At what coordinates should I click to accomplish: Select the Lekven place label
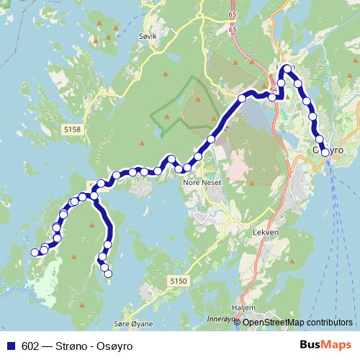(x=264, y=233)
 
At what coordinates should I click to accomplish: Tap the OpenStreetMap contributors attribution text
(x=297, y=323)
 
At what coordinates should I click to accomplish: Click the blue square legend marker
(x=11, y=346)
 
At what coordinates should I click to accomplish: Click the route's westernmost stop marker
(x=34, y=252)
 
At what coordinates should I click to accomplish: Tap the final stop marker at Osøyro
(x=325, y=153)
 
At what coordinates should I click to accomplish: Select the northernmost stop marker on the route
(x=287, y=69)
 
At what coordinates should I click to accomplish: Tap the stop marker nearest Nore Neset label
(x=187, y=168)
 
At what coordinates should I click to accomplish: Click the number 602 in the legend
(x=30, y=346)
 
